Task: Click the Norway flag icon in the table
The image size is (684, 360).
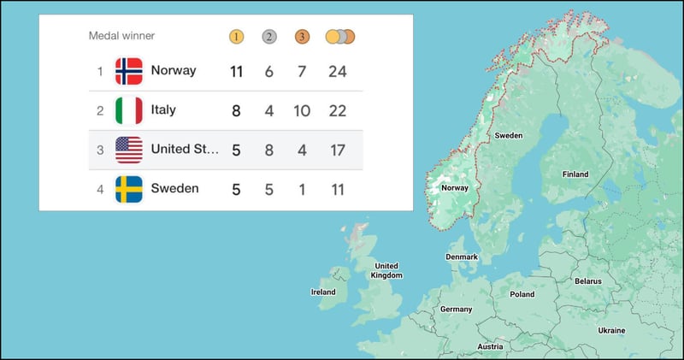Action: coord(129,71)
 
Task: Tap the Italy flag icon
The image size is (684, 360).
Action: coord(129,110)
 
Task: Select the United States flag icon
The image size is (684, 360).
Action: coord(129,150)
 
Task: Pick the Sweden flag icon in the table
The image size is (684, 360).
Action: coord(129,189)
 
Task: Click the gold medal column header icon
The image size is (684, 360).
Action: coord(237,37)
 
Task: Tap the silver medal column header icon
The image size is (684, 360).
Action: coord(269,37)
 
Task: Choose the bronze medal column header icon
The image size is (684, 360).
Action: coord(302,37)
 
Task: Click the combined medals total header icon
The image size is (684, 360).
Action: coord(339,37)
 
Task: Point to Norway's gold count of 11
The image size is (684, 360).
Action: coord(237,71)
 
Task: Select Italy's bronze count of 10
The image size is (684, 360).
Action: coord(302,110)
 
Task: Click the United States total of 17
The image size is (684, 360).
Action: coord(338,150)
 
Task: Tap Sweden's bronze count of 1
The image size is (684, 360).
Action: coord(302,189)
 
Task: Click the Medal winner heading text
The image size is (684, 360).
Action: coord(121,36)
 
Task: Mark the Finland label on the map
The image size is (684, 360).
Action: coord(575,174)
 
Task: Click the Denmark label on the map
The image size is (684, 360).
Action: coord(462,257)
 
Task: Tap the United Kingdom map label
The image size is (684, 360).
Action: coord(386,270)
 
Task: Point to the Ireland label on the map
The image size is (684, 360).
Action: coord(322,292)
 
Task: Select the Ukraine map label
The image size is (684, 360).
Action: coord(611,330)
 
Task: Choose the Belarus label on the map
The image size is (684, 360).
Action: coord(588,280)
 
